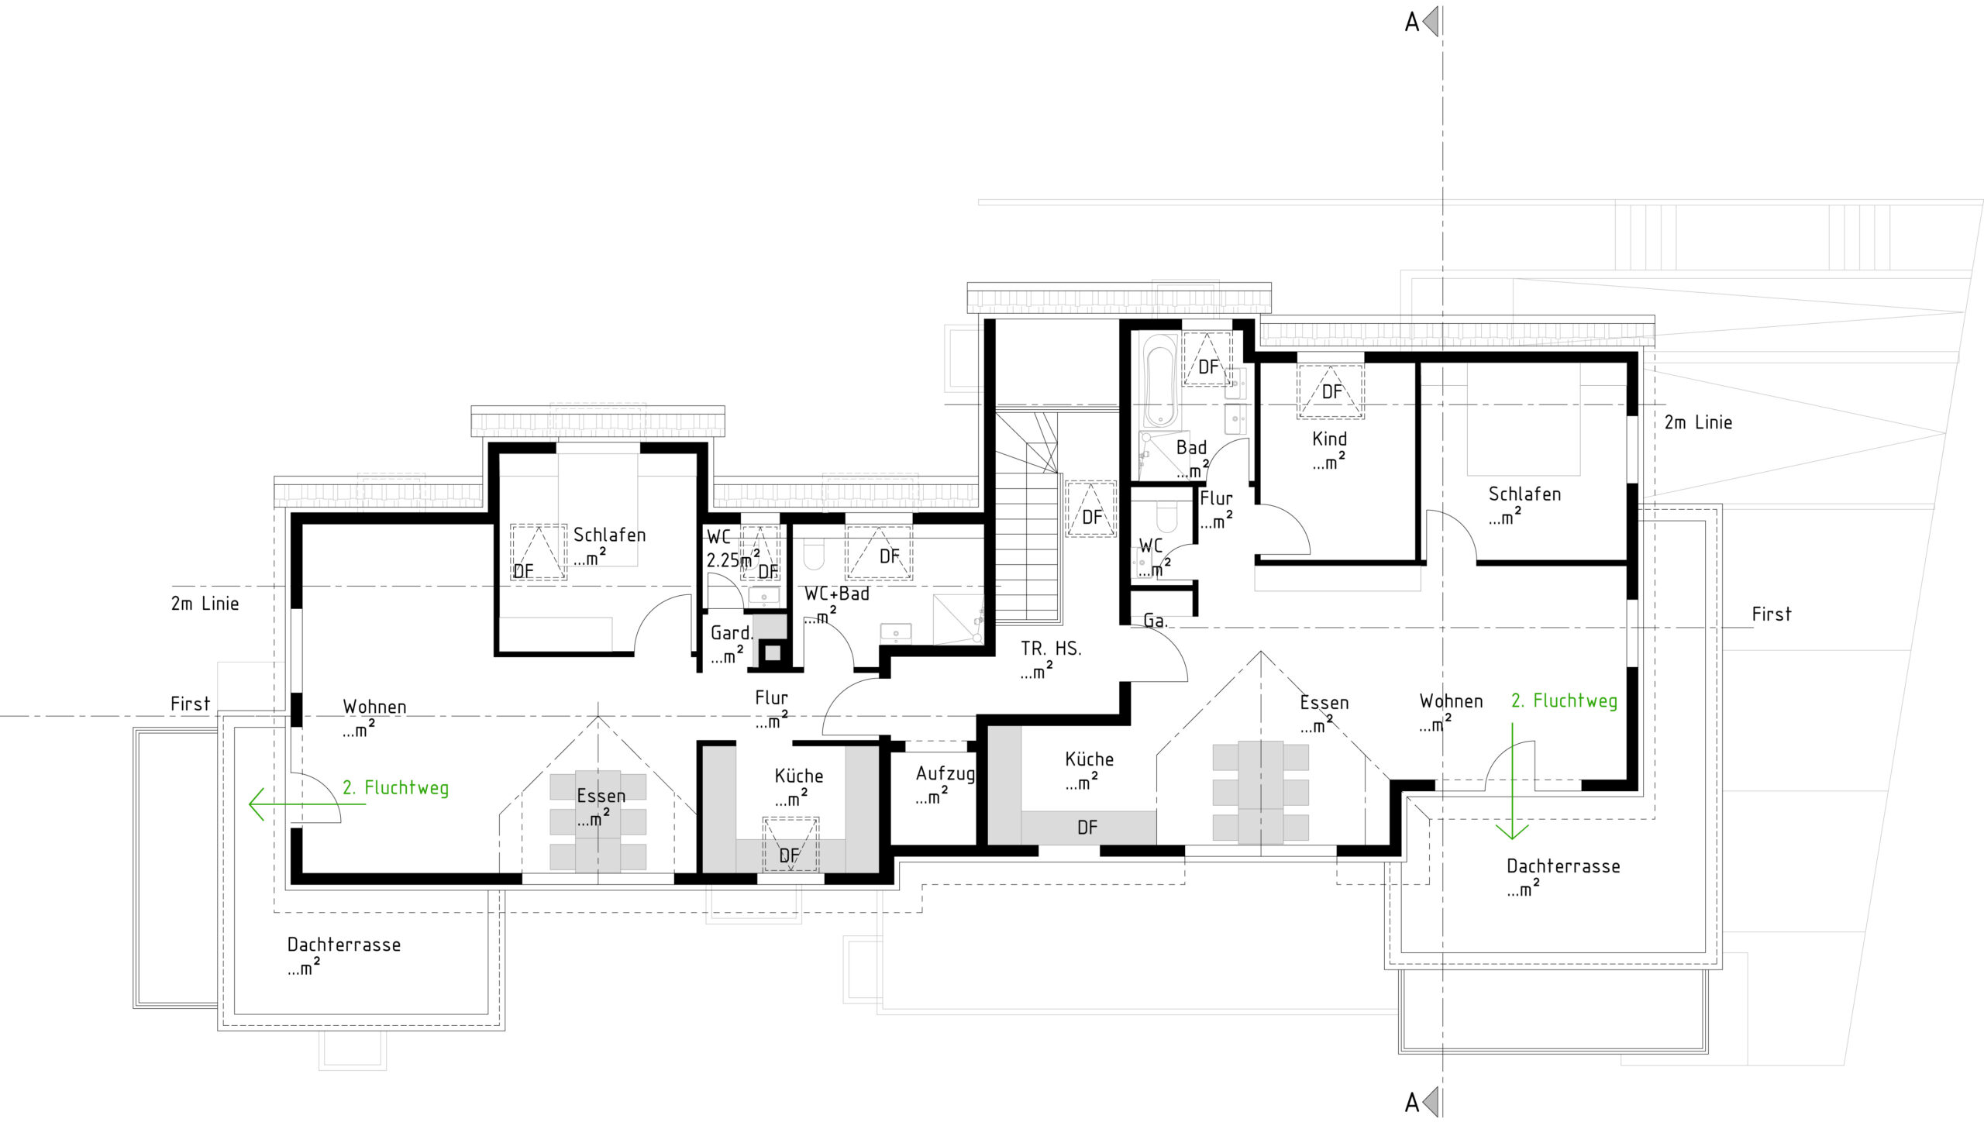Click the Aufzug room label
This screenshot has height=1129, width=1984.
click(x=945, y=774)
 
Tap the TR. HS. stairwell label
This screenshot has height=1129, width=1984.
click(x=1051, y=649)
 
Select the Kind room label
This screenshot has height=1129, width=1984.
click(x=1329, y=439)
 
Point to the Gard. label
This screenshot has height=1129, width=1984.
click(x=732, y=633)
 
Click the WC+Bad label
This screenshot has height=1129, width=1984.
click(x=836, y=594)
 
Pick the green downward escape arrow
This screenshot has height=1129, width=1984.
click(x=1512, y=781)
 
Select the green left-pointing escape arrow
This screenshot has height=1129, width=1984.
click(x=307, y=804)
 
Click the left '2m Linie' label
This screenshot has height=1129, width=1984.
click(x=205, y=604)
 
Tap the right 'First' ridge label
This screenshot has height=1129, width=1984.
click(x=1772, y=614)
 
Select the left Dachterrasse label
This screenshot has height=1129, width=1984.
click(x=343, y=945)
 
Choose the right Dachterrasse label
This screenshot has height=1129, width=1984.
click(x=1563, y=866)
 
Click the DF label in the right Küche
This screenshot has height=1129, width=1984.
click(x=1087, y=828)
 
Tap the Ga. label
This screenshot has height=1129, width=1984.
click(x=1156, y=621)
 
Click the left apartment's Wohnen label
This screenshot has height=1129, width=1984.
click(x=374, y=707)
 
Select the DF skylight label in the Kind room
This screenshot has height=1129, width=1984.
click(x=1331, y=391)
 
